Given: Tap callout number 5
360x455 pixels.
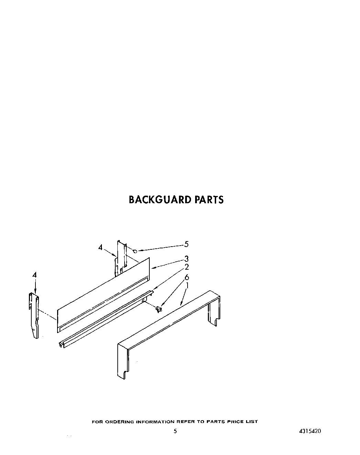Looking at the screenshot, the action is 186,244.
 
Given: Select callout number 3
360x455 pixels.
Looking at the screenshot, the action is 186,259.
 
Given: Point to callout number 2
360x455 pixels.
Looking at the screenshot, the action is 186,267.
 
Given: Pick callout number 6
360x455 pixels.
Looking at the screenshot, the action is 187,277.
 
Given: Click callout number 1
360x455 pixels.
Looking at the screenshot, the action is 187,286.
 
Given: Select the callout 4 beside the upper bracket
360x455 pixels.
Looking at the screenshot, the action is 100,247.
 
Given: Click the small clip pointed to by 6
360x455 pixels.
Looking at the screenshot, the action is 158,309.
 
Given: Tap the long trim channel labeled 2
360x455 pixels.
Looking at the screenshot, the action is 103,317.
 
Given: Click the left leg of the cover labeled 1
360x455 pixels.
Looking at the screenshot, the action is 123,362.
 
